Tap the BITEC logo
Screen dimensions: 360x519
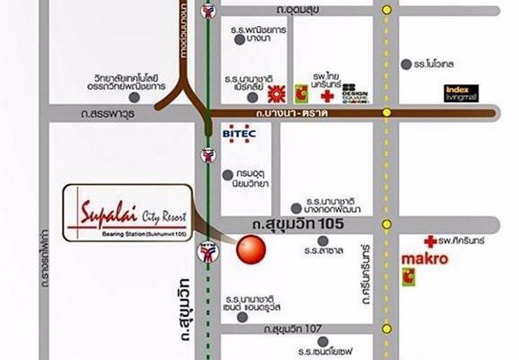click(238, 132)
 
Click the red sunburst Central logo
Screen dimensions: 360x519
click(280, 90)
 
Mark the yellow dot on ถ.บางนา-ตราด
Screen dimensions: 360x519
click(388, 113)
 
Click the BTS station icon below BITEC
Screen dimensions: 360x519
click(209, 153)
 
